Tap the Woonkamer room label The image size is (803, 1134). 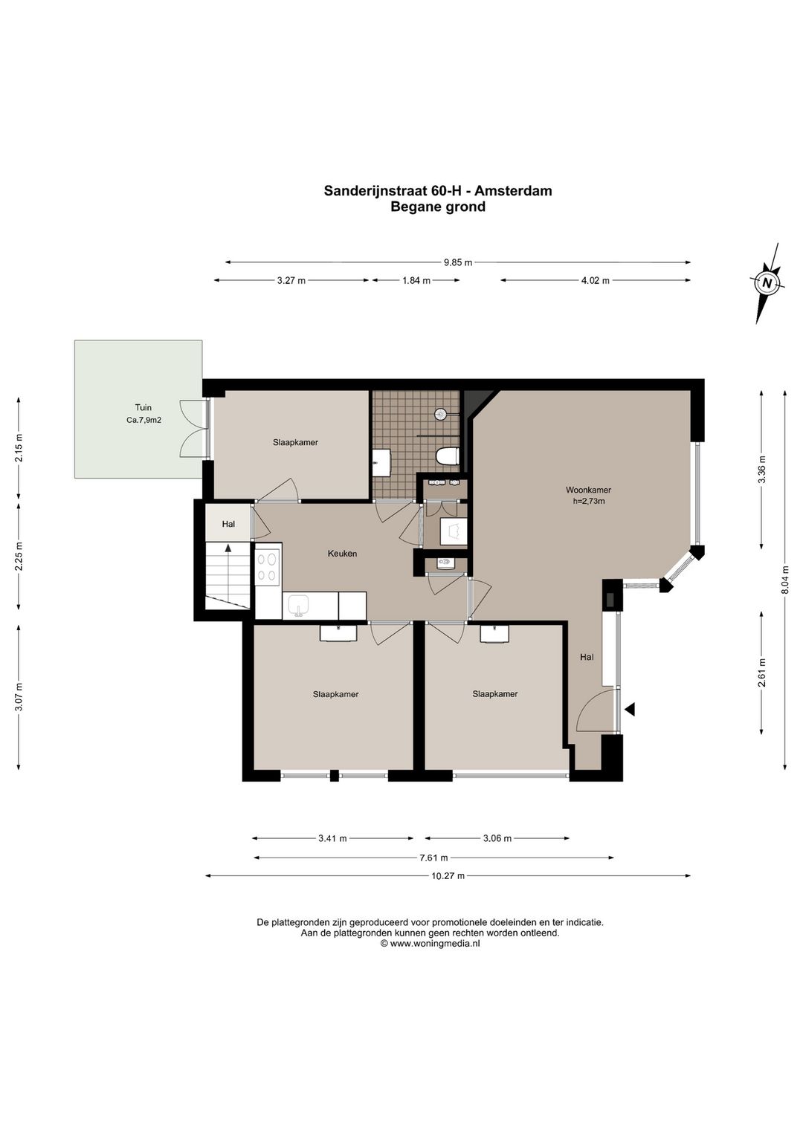click(x=588, y=490)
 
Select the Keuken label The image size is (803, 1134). click(x=342, y=554)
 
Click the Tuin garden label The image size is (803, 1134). click(x=143, y=407)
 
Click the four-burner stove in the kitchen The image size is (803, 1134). click(x=268, y=567)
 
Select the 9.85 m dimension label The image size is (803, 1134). click(x=458, y=262)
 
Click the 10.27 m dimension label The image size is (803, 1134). click(x=448, y=876)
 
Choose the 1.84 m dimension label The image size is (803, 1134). click(x=416, y=280)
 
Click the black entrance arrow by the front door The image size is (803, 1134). click(x=630, y=709)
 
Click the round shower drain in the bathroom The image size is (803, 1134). click(x=440, y=414)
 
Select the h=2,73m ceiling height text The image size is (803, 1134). click(x=589, y=501)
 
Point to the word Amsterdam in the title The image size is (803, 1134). click(x=513, y=191)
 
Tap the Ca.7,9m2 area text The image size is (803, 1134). click(x=144, y=420)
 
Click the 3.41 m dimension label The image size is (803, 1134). click(x=332, y=838)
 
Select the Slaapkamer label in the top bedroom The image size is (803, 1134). click(x=295, y=442)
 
